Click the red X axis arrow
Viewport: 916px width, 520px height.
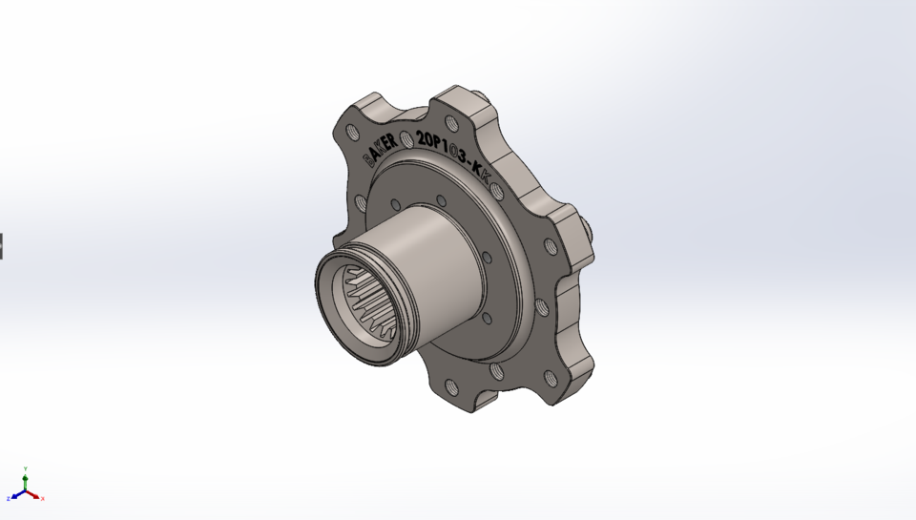click(34, 495)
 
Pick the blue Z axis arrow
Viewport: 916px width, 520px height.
click(16, 496)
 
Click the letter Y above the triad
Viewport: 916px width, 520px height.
click(26, 468)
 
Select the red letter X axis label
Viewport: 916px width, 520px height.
click(43, 498)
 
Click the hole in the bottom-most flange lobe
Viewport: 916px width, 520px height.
click(448, 386)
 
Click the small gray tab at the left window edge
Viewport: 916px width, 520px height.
click(2, 245)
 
